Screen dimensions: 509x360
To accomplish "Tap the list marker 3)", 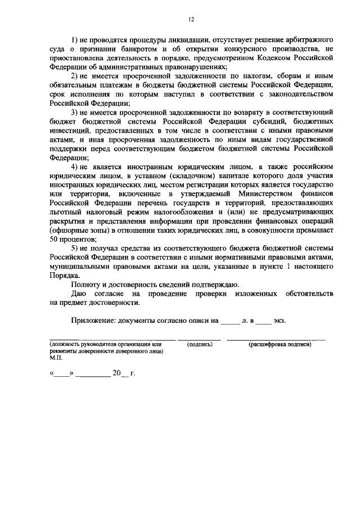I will [75, 113].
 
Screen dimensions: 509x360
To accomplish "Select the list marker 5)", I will [75, 248].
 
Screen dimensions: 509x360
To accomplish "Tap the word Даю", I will [78, 294].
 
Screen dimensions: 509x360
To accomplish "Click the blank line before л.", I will [229, 322].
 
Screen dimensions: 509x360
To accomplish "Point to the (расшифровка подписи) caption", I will [280, 344].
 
